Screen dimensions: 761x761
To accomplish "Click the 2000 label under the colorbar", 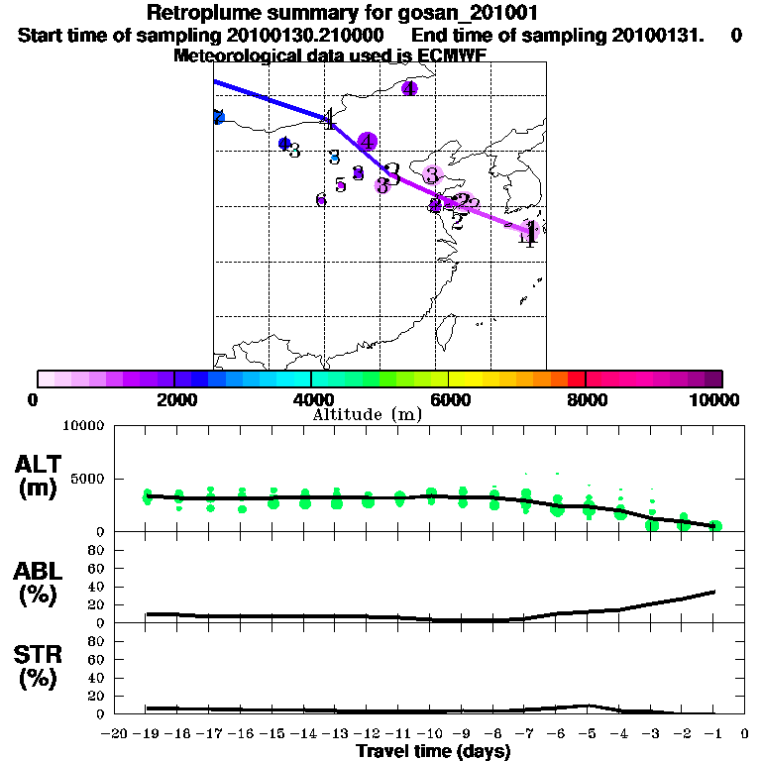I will coord(173,399).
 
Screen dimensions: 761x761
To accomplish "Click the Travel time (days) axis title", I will coord(433,752).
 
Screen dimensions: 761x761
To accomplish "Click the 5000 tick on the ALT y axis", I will coord(89,480).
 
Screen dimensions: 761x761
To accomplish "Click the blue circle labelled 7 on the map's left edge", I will coord(218,117).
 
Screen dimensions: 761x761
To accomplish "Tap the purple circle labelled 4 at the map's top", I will coord(409,89).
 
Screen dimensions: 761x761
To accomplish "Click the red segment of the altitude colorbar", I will coord(576,379).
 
